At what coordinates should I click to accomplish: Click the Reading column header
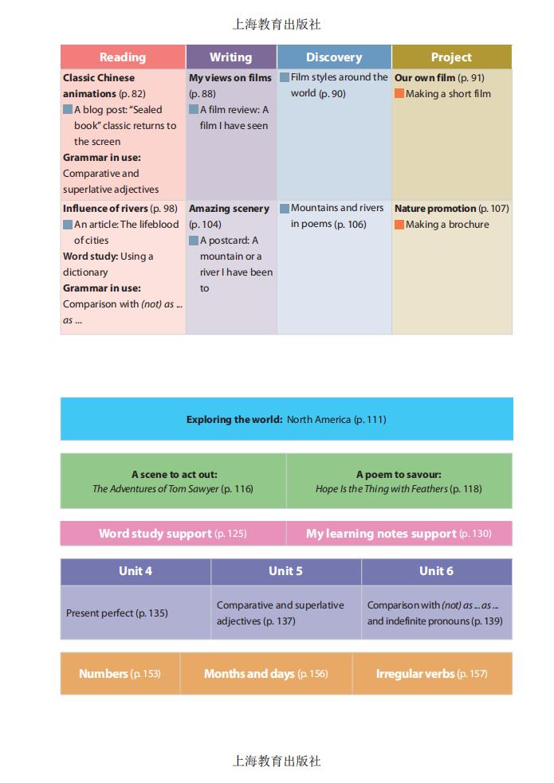point(123,57)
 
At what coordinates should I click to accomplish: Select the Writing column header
point(230,57)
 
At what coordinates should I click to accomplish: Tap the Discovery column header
point(334,57)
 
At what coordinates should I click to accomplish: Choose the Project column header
point(451,57)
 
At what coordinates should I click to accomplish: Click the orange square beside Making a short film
point(399,94)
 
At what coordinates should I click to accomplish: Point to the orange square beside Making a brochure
point(399,225)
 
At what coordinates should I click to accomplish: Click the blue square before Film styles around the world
point(285,78)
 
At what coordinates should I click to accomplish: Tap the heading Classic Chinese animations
point(99,85)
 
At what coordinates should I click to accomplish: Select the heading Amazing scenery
point(229,209)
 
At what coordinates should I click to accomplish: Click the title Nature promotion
point(434,209)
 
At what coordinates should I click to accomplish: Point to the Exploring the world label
point(234,420)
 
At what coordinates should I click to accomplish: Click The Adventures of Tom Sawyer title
point(155,489)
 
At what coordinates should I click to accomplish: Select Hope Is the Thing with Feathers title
point(382,489)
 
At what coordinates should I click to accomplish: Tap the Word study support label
point(155,534)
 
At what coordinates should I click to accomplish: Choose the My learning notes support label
point(381,534)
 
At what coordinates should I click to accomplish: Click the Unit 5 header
point(285,571)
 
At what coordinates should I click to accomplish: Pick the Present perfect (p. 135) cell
point(117,613)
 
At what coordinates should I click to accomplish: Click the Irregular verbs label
point(415,674)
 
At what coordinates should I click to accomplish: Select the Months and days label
point(249,674)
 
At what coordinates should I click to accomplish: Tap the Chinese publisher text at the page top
point(277,25)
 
